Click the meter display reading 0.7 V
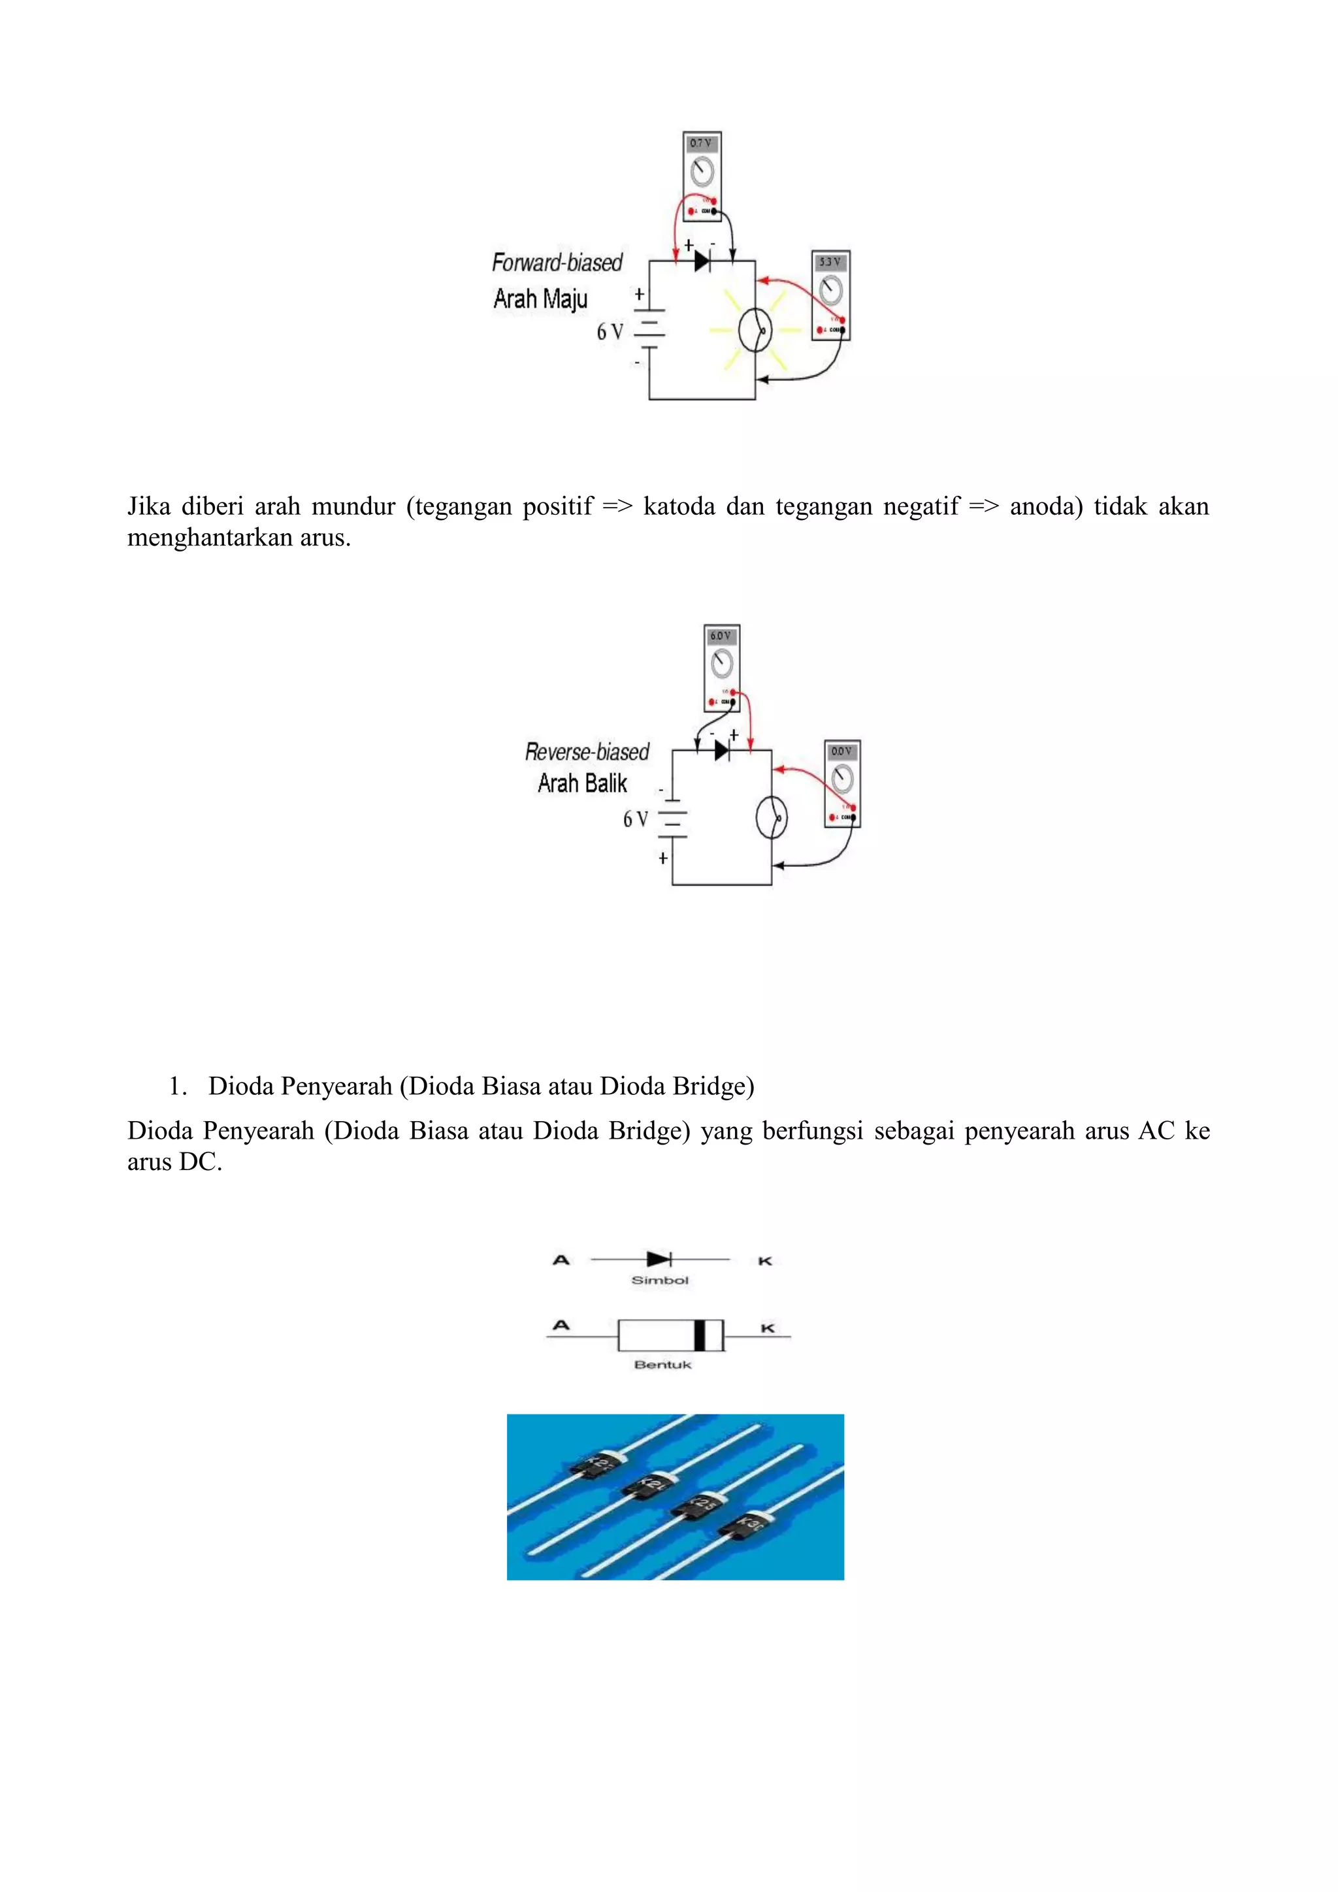tap(701, 143)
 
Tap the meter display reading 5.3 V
tap(830, 262)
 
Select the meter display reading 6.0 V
tap(721, 636)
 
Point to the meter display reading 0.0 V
tap(842, 751)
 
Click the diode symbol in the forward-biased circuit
tap(702, 261)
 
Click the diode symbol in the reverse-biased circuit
tap(722, 751)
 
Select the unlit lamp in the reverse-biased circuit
tap(771, 818)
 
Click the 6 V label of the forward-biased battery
tap(610, 331)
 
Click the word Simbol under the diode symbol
tap(659, 1280)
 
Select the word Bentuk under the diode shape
tap(662, 1365)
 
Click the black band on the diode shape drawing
tap(700, 1335)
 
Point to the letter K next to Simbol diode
tap(764, 1261)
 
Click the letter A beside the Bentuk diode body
tap(561, 1326)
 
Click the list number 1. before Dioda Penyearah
tap(177, 1086)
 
